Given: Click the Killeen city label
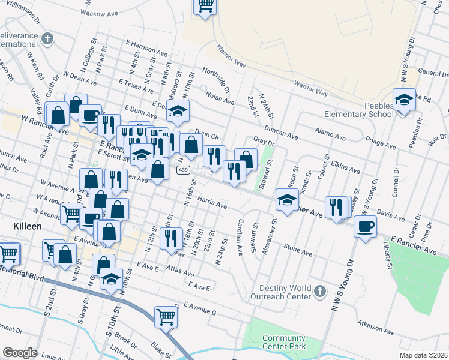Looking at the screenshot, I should pos(26,226).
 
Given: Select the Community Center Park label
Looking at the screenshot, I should pos(284,342).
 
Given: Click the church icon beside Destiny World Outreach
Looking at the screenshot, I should pos(320,292).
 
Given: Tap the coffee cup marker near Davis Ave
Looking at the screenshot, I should pos(366,226).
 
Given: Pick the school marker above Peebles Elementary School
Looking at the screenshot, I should pos(405,99).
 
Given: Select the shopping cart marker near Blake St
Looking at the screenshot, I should pos(166,316).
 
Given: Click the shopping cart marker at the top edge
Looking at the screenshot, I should pos(205,6).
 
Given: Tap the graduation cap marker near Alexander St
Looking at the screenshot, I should pos(287,200).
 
